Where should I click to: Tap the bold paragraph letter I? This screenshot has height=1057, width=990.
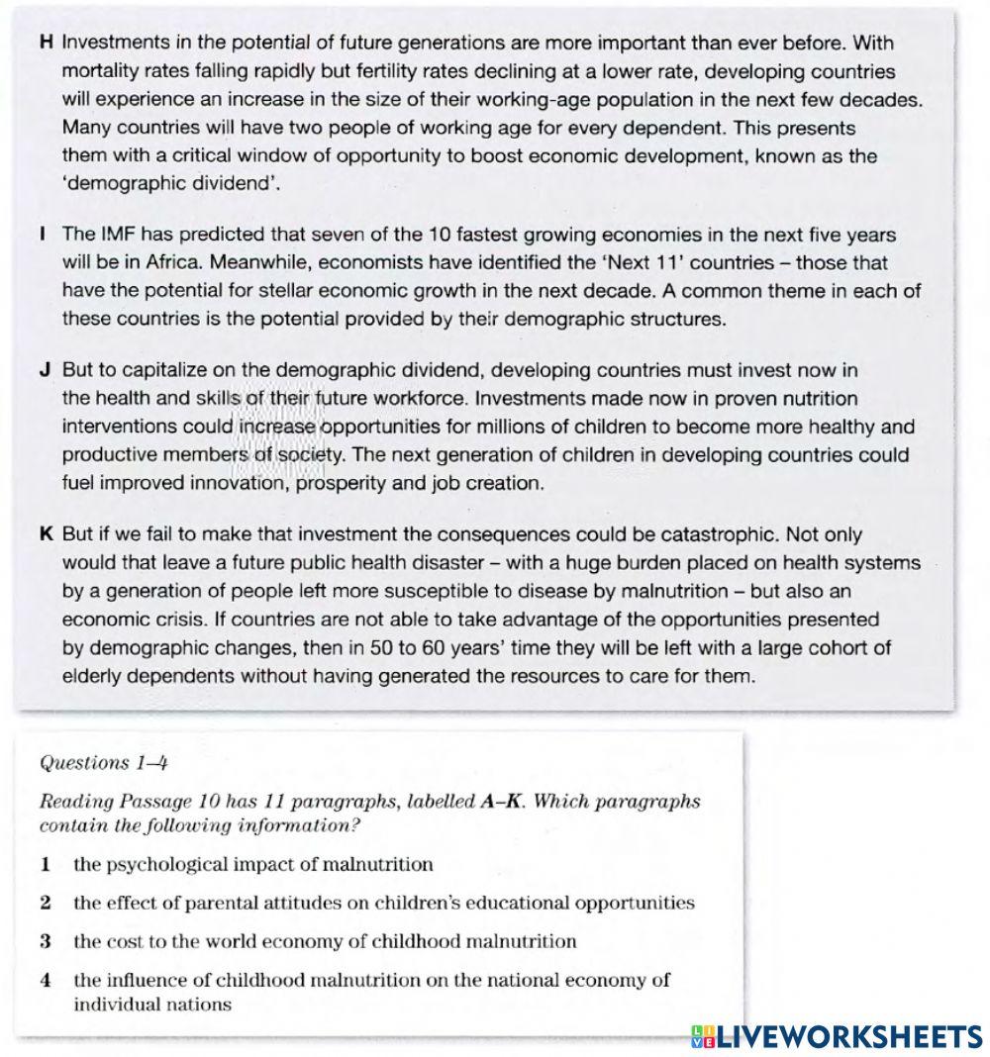tap(45, 236)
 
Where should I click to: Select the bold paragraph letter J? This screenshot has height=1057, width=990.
tap(46, 371)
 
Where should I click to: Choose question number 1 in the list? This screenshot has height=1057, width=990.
tap(46, 865)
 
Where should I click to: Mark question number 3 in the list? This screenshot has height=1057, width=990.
tap(46, 941)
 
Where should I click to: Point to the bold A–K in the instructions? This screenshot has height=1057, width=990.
tap(502, 802)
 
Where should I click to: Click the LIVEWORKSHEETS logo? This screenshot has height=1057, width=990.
tap(837, 1036)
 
